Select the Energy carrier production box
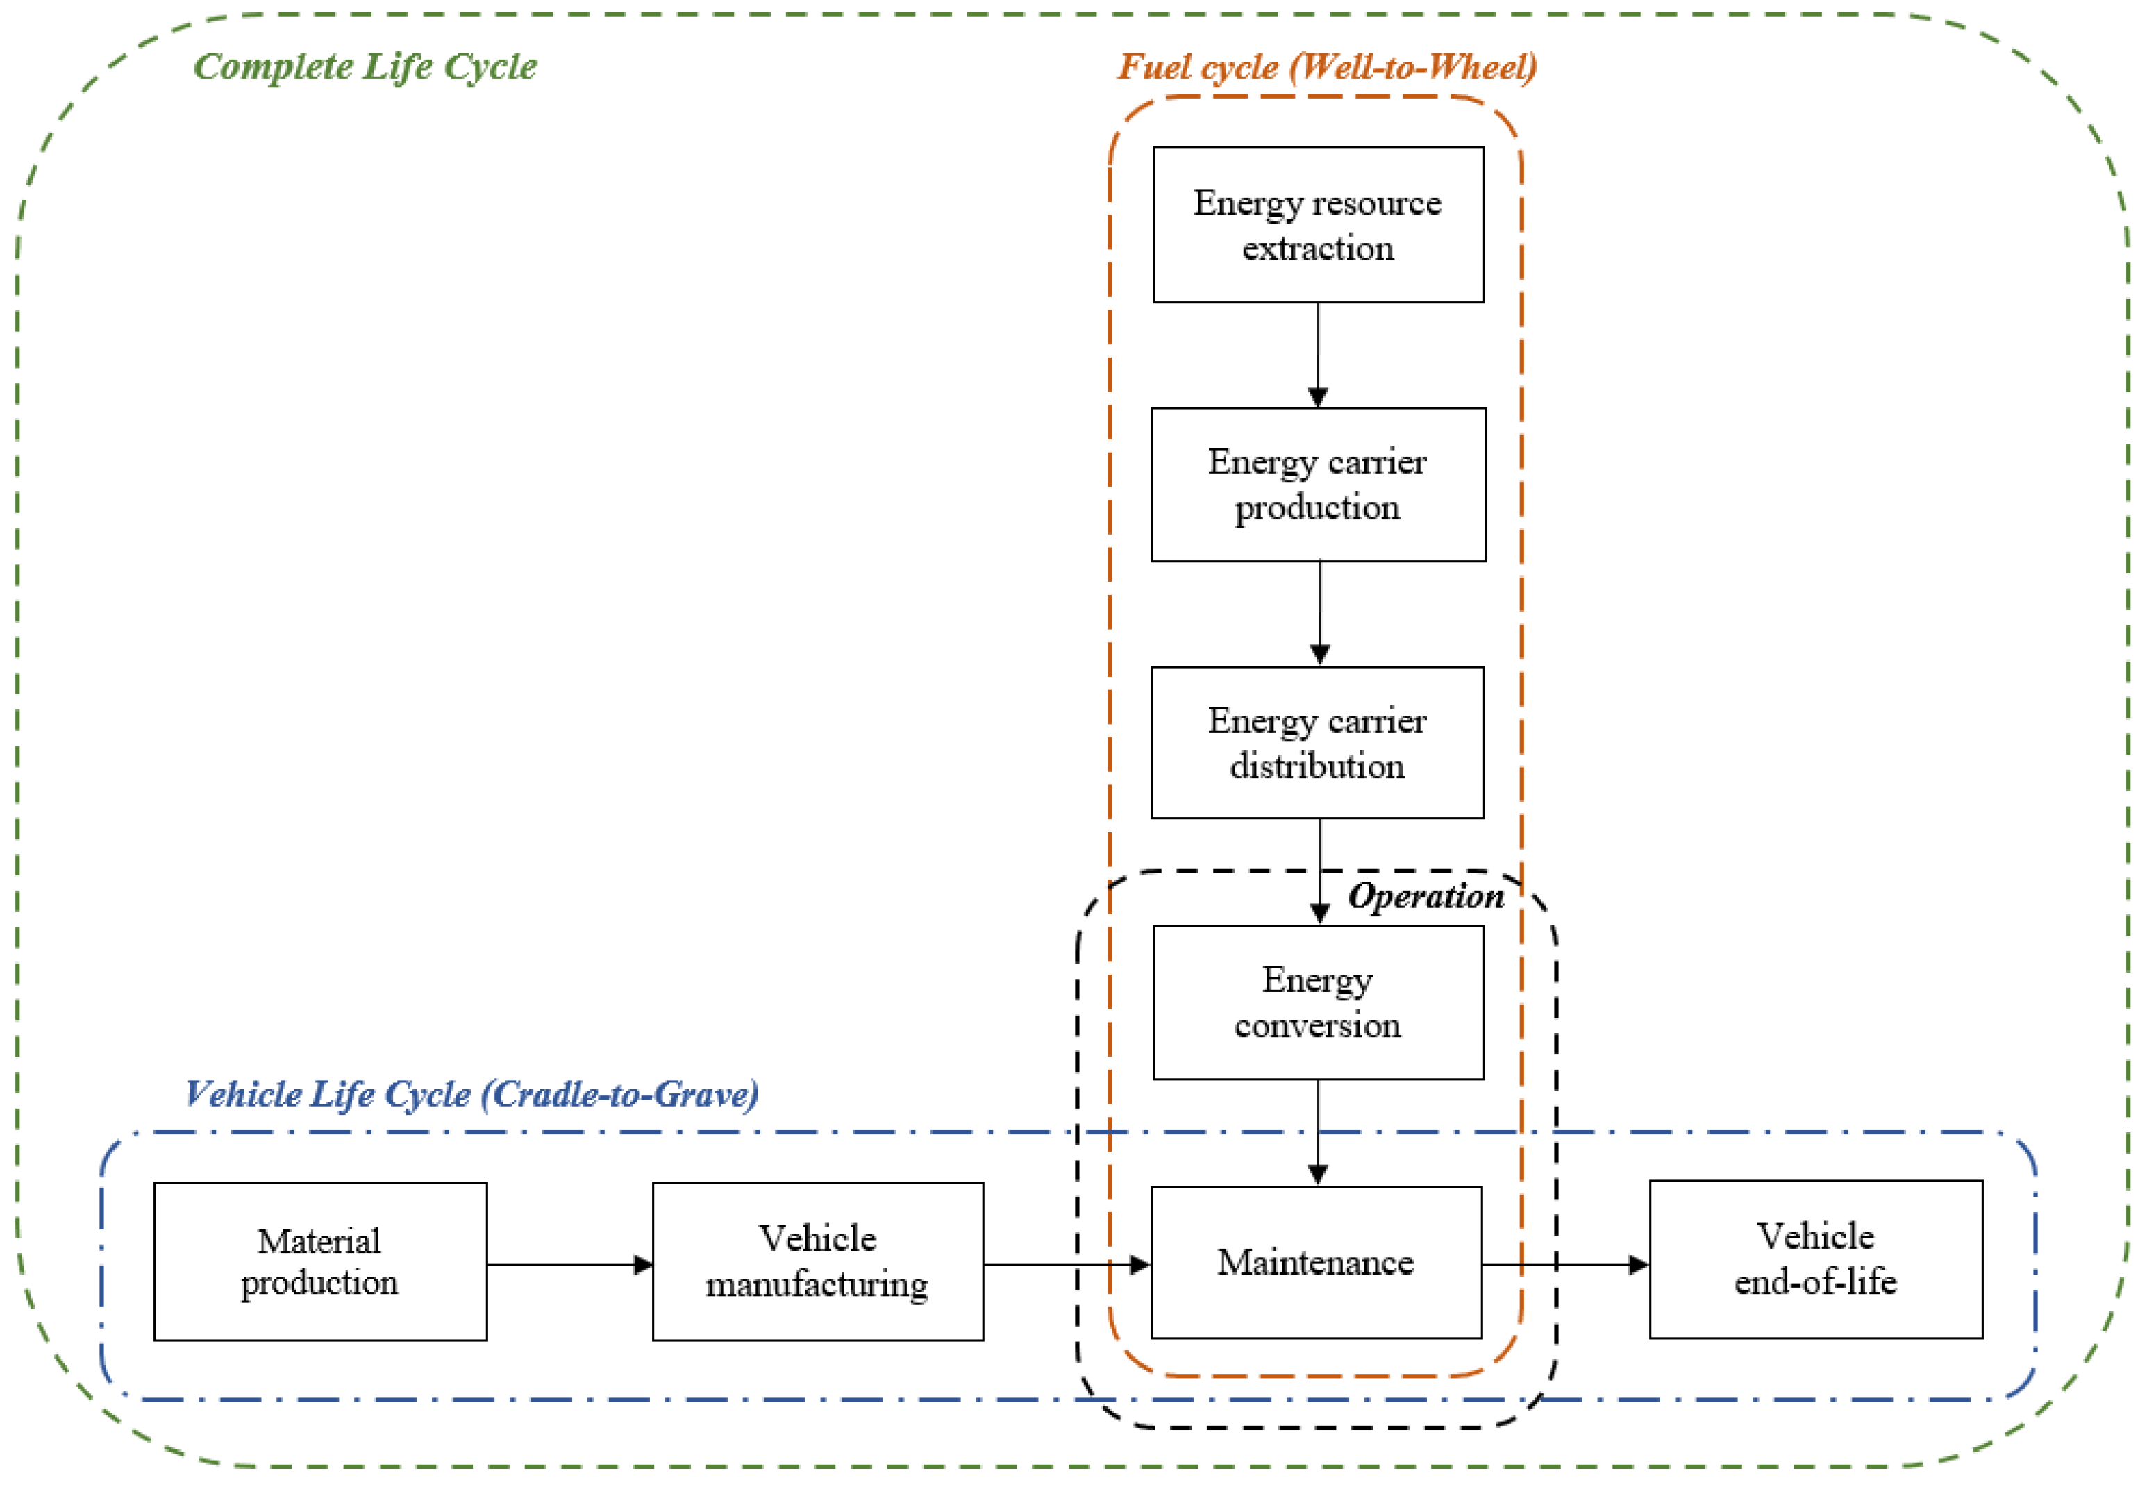point(1317,485)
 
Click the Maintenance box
point(1315,1263)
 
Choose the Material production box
point(319,1261)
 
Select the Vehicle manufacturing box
point(817,1261)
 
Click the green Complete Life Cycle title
point(365,67)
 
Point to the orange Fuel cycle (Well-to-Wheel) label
point(1326,67)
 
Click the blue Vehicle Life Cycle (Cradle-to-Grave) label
point(471,1094)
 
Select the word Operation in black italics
point(1425,896)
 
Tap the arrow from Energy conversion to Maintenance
point(1317,1132)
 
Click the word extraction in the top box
point(1317,249)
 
